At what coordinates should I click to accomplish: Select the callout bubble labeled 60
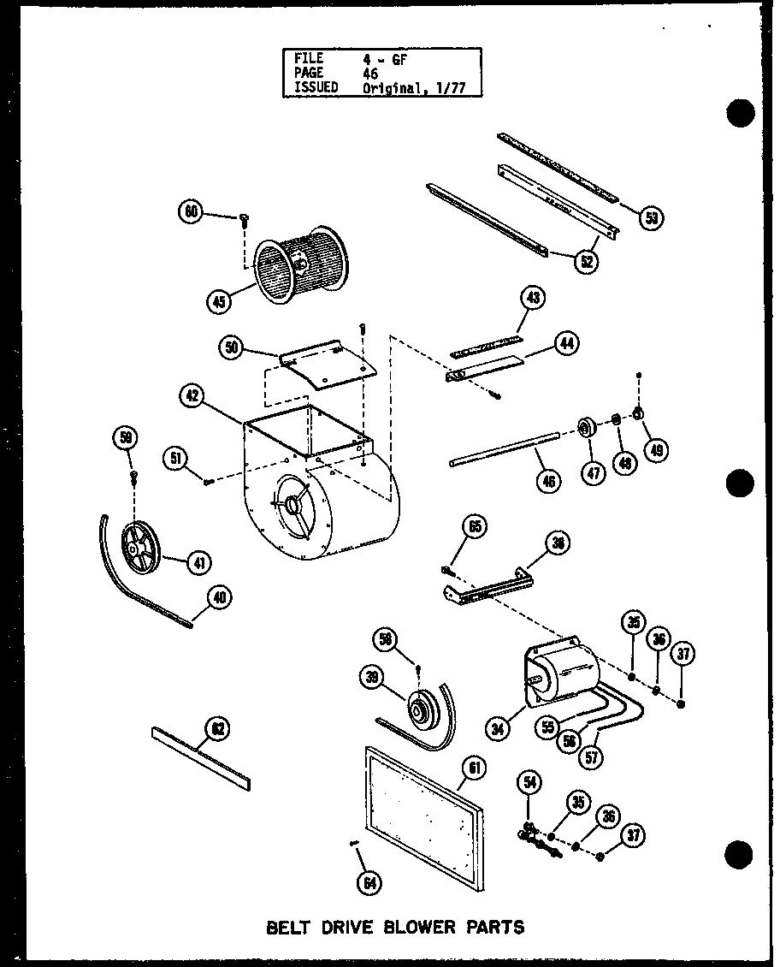coord(190,211)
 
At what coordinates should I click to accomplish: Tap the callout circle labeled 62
coord(218,728)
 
